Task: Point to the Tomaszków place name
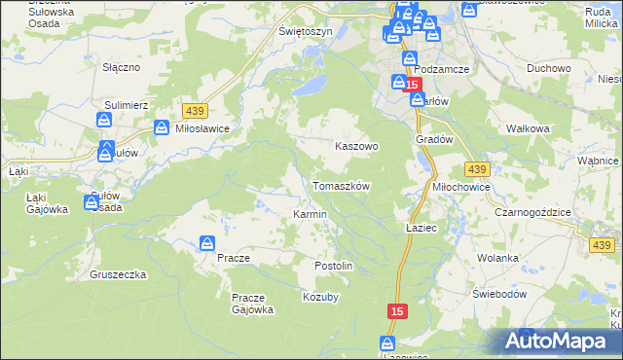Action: pyautogui.click(x=341, y=186)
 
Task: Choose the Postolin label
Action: pyautogui.click(x=333, y=266)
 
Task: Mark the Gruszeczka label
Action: pyautogui.click(x=118, y=274)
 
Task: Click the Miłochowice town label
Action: pyautogui.click(x=461, y=186)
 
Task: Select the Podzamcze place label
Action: pyautogui.click(x=442, y=69)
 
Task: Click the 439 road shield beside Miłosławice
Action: pyautogui.click(x=192, y=112)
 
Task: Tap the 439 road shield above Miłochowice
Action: pyautogui.click(x=476, y=167)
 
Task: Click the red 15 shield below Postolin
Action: pyautogui.click(x=395, y=310)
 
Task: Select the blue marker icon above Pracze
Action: pyautogui.click(x=207, y=243)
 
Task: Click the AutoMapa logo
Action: pyautogui.click(x=557, y=341)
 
